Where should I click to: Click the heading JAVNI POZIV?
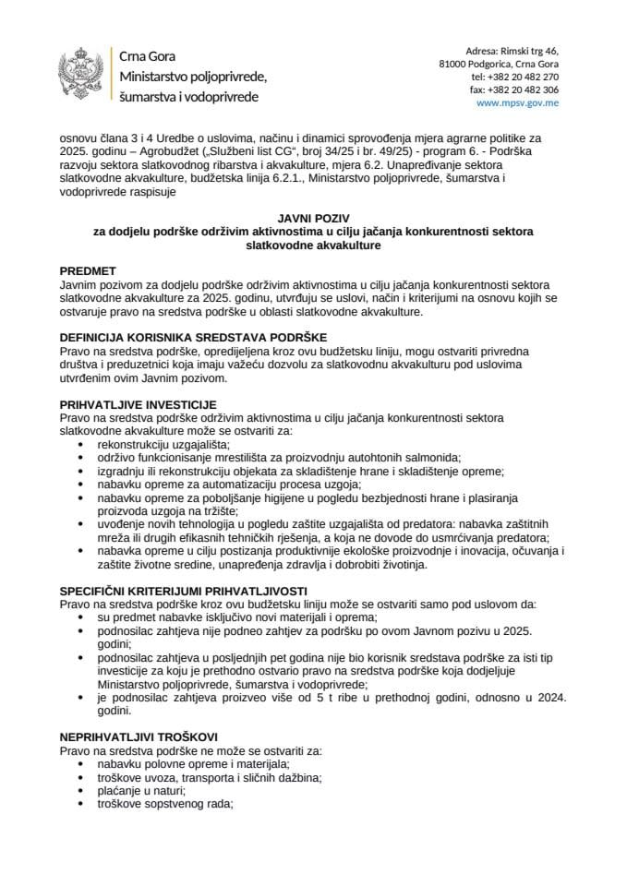click(313, 217)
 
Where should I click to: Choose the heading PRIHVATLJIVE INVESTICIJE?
click(138, 403)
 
